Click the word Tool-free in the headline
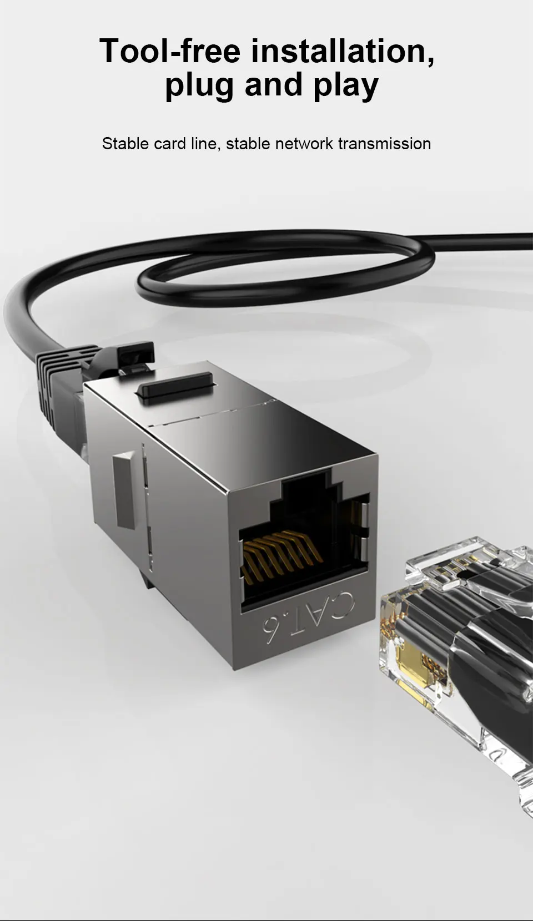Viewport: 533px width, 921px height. click(x=169, y=50)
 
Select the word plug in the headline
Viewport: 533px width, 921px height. click(x=199, y=87)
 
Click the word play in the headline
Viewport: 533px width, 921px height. click(x=346, y=87)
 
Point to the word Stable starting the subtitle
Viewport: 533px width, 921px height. click(x=125, y=144)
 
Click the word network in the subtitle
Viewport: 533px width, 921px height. click(x=304, y=144)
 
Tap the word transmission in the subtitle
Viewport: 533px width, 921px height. click(x=384, y=144)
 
